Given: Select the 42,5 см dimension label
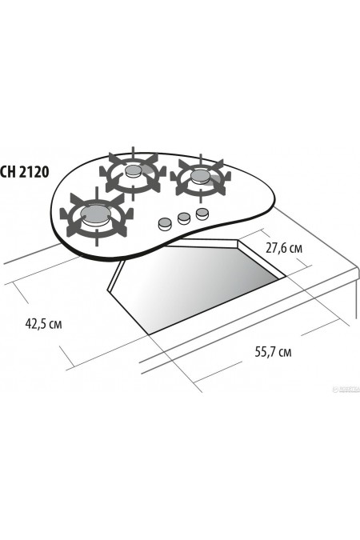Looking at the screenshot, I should click(x=44, y=325).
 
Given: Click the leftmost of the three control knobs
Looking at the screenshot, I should click(x=165, y=222).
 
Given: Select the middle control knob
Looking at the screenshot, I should click(x=183, y=217).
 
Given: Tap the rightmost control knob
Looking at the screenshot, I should click(x=202, y=212).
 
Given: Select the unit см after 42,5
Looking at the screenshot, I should click(x=56, y=325).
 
